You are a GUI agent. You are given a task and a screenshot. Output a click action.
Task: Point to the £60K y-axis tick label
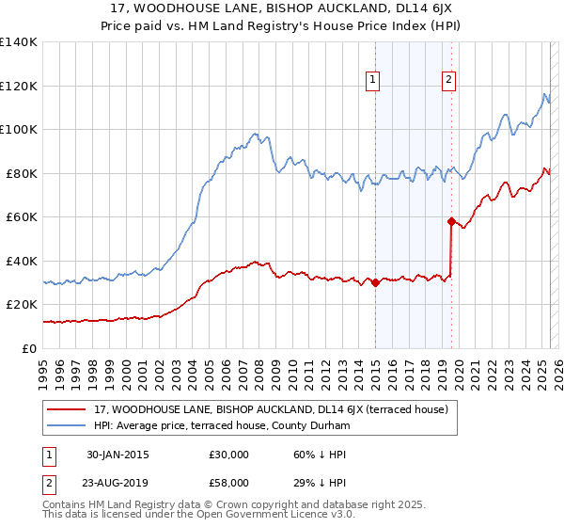pyautogui.click(x=22, y=216)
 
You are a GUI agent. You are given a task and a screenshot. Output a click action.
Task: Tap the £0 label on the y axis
pyautogui.click(x=29, y=348)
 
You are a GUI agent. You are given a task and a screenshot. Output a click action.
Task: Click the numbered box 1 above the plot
pyautogui.click(x=374, y=80)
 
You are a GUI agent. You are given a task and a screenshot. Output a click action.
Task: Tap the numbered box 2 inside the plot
pyautogui.click(x=449, y=80)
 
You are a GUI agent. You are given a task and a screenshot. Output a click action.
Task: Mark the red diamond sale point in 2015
pyautogui.click(x=375, y=282)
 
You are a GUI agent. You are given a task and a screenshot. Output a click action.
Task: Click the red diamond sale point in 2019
pyautogui.click(x=451, y=222)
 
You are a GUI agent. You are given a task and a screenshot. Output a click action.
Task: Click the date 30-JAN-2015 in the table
pyautogui.click(x=117, y=455)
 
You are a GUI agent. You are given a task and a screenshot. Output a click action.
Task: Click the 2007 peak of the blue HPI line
pyautogui.click(x=255, y=134)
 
